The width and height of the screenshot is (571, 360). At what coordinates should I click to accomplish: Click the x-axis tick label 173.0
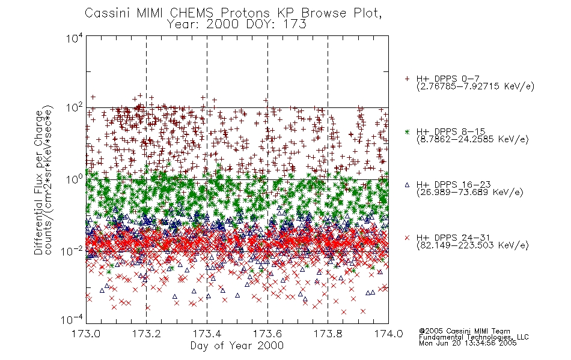click(86, 334)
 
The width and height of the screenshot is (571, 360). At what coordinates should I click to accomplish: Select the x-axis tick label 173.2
click(147, 334)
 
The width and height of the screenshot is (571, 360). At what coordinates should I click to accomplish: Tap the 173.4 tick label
click(207, 334)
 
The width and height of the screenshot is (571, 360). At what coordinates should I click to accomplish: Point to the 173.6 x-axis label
click(267, 334)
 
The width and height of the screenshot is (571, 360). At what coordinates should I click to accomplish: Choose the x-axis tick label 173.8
click(328, 334)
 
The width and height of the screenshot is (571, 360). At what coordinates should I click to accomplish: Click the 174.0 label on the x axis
click(388, 334)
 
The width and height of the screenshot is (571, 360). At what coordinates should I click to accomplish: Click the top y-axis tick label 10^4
click(75, 38)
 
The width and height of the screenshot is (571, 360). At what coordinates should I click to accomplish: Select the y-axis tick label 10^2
click(75, 108)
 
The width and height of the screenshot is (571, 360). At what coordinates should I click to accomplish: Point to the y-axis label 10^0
click(75, 180)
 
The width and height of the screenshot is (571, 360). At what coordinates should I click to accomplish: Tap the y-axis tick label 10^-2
click(73, 251)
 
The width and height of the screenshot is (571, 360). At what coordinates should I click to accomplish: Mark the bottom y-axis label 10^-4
click(73, 320)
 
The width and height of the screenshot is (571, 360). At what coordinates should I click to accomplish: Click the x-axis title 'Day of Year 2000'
click(237, 346)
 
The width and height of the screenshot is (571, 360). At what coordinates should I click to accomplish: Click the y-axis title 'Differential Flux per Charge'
click(38, 183)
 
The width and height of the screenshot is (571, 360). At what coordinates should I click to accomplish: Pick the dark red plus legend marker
click(407, 79)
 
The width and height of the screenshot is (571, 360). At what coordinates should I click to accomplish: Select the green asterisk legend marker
click(407, 131)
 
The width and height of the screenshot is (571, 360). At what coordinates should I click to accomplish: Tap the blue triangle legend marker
click(407, 185)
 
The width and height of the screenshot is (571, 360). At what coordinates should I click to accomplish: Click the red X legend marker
click(407, 238)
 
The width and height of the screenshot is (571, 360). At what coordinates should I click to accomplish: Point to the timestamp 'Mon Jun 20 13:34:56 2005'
click(468, 343)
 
